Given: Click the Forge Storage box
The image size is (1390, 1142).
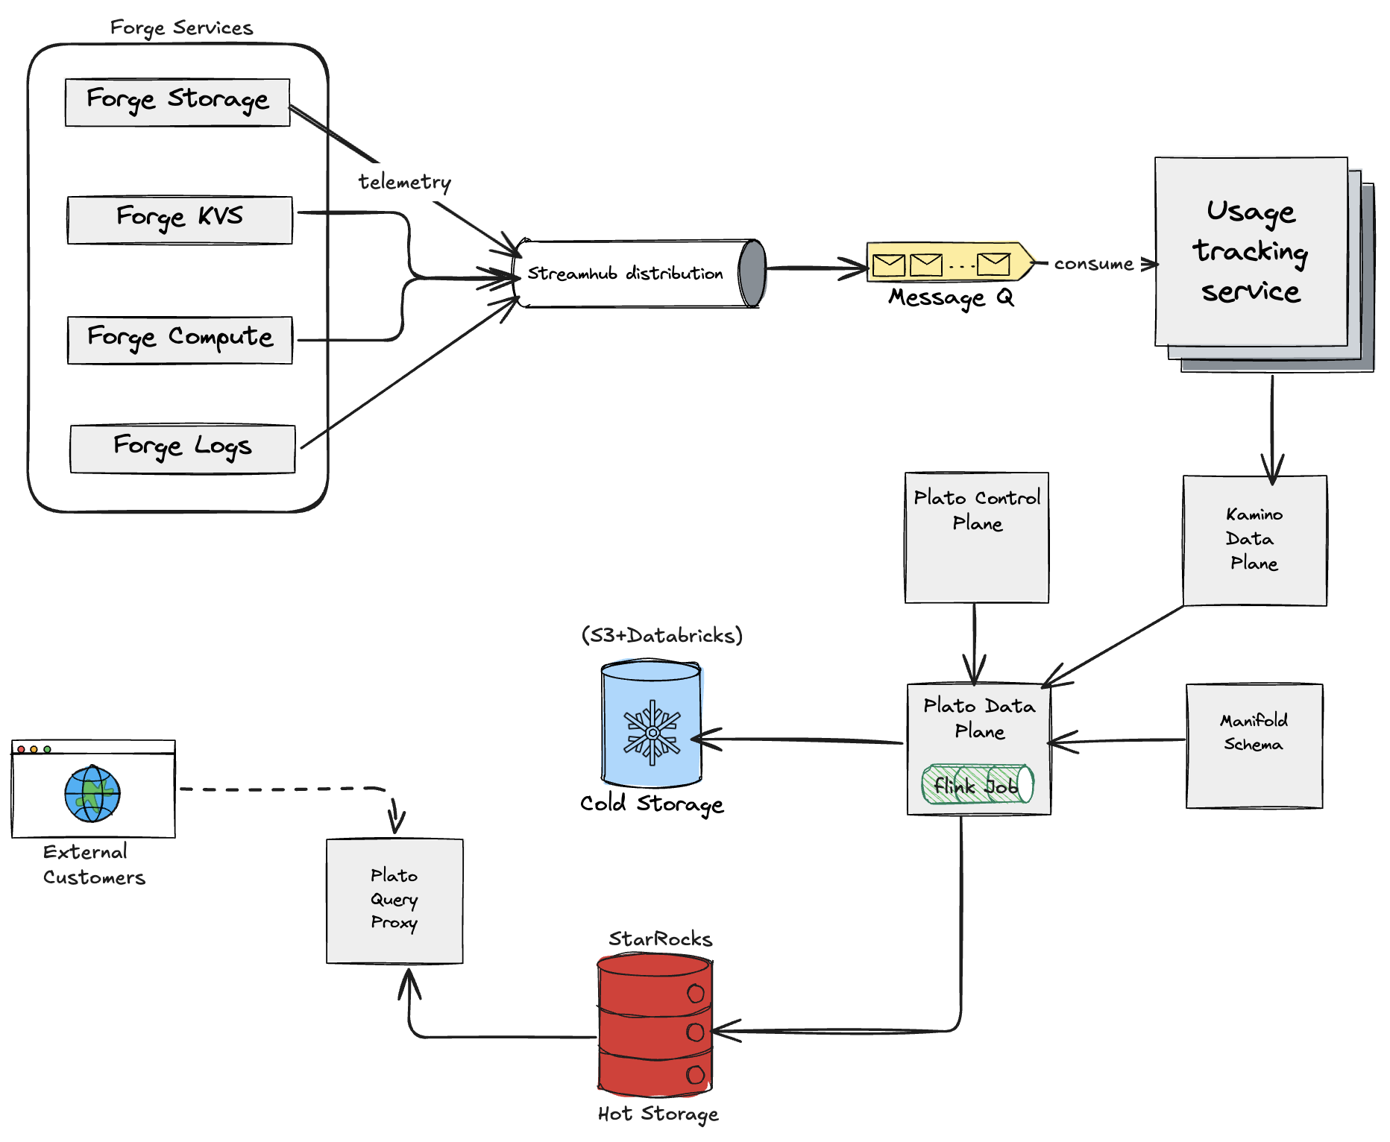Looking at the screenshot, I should click(177, 102).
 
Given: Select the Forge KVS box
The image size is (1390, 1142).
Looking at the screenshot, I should click(180, 220).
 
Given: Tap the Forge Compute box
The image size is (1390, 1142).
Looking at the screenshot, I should click(180, 340).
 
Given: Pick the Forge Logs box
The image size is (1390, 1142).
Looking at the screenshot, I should click(183, 449).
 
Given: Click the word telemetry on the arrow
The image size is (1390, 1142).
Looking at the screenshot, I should click(404, 182).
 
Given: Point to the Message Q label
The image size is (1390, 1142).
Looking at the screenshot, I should click(950, 298).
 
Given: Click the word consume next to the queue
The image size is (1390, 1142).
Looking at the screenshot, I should click(1093, 264).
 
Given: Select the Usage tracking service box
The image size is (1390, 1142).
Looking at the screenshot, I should click(1251, 252).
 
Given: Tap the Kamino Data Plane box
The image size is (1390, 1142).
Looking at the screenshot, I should click(1254, 540).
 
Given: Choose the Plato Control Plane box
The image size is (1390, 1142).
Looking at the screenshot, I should click(976, 537).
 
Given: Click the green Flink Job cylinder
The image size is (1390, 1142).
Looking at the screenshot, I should click(977, 784).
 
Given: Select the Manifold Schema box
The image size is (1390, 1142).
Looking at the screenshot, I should click(1254, 745).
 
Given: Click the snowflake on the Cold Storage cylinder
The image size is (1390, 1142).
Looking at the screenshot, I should click(652, 732).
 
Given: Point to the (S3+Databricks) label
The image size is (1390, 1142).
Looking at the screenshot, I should click(661, 636).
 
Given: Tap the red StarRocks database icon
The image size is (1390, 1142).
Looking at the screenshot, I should click(655, 1026).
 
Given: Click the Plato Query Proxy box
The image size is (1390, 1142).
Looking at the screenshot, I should click(394, 900).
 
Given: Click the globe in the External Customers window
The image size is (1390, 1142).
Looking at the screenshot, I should click(92, 794).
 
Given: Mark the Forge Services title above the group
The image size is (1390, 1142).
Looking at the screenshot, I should click(181, 28).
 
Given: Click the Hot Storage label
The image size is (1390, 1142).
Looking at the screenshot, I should click(658, 1114).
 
